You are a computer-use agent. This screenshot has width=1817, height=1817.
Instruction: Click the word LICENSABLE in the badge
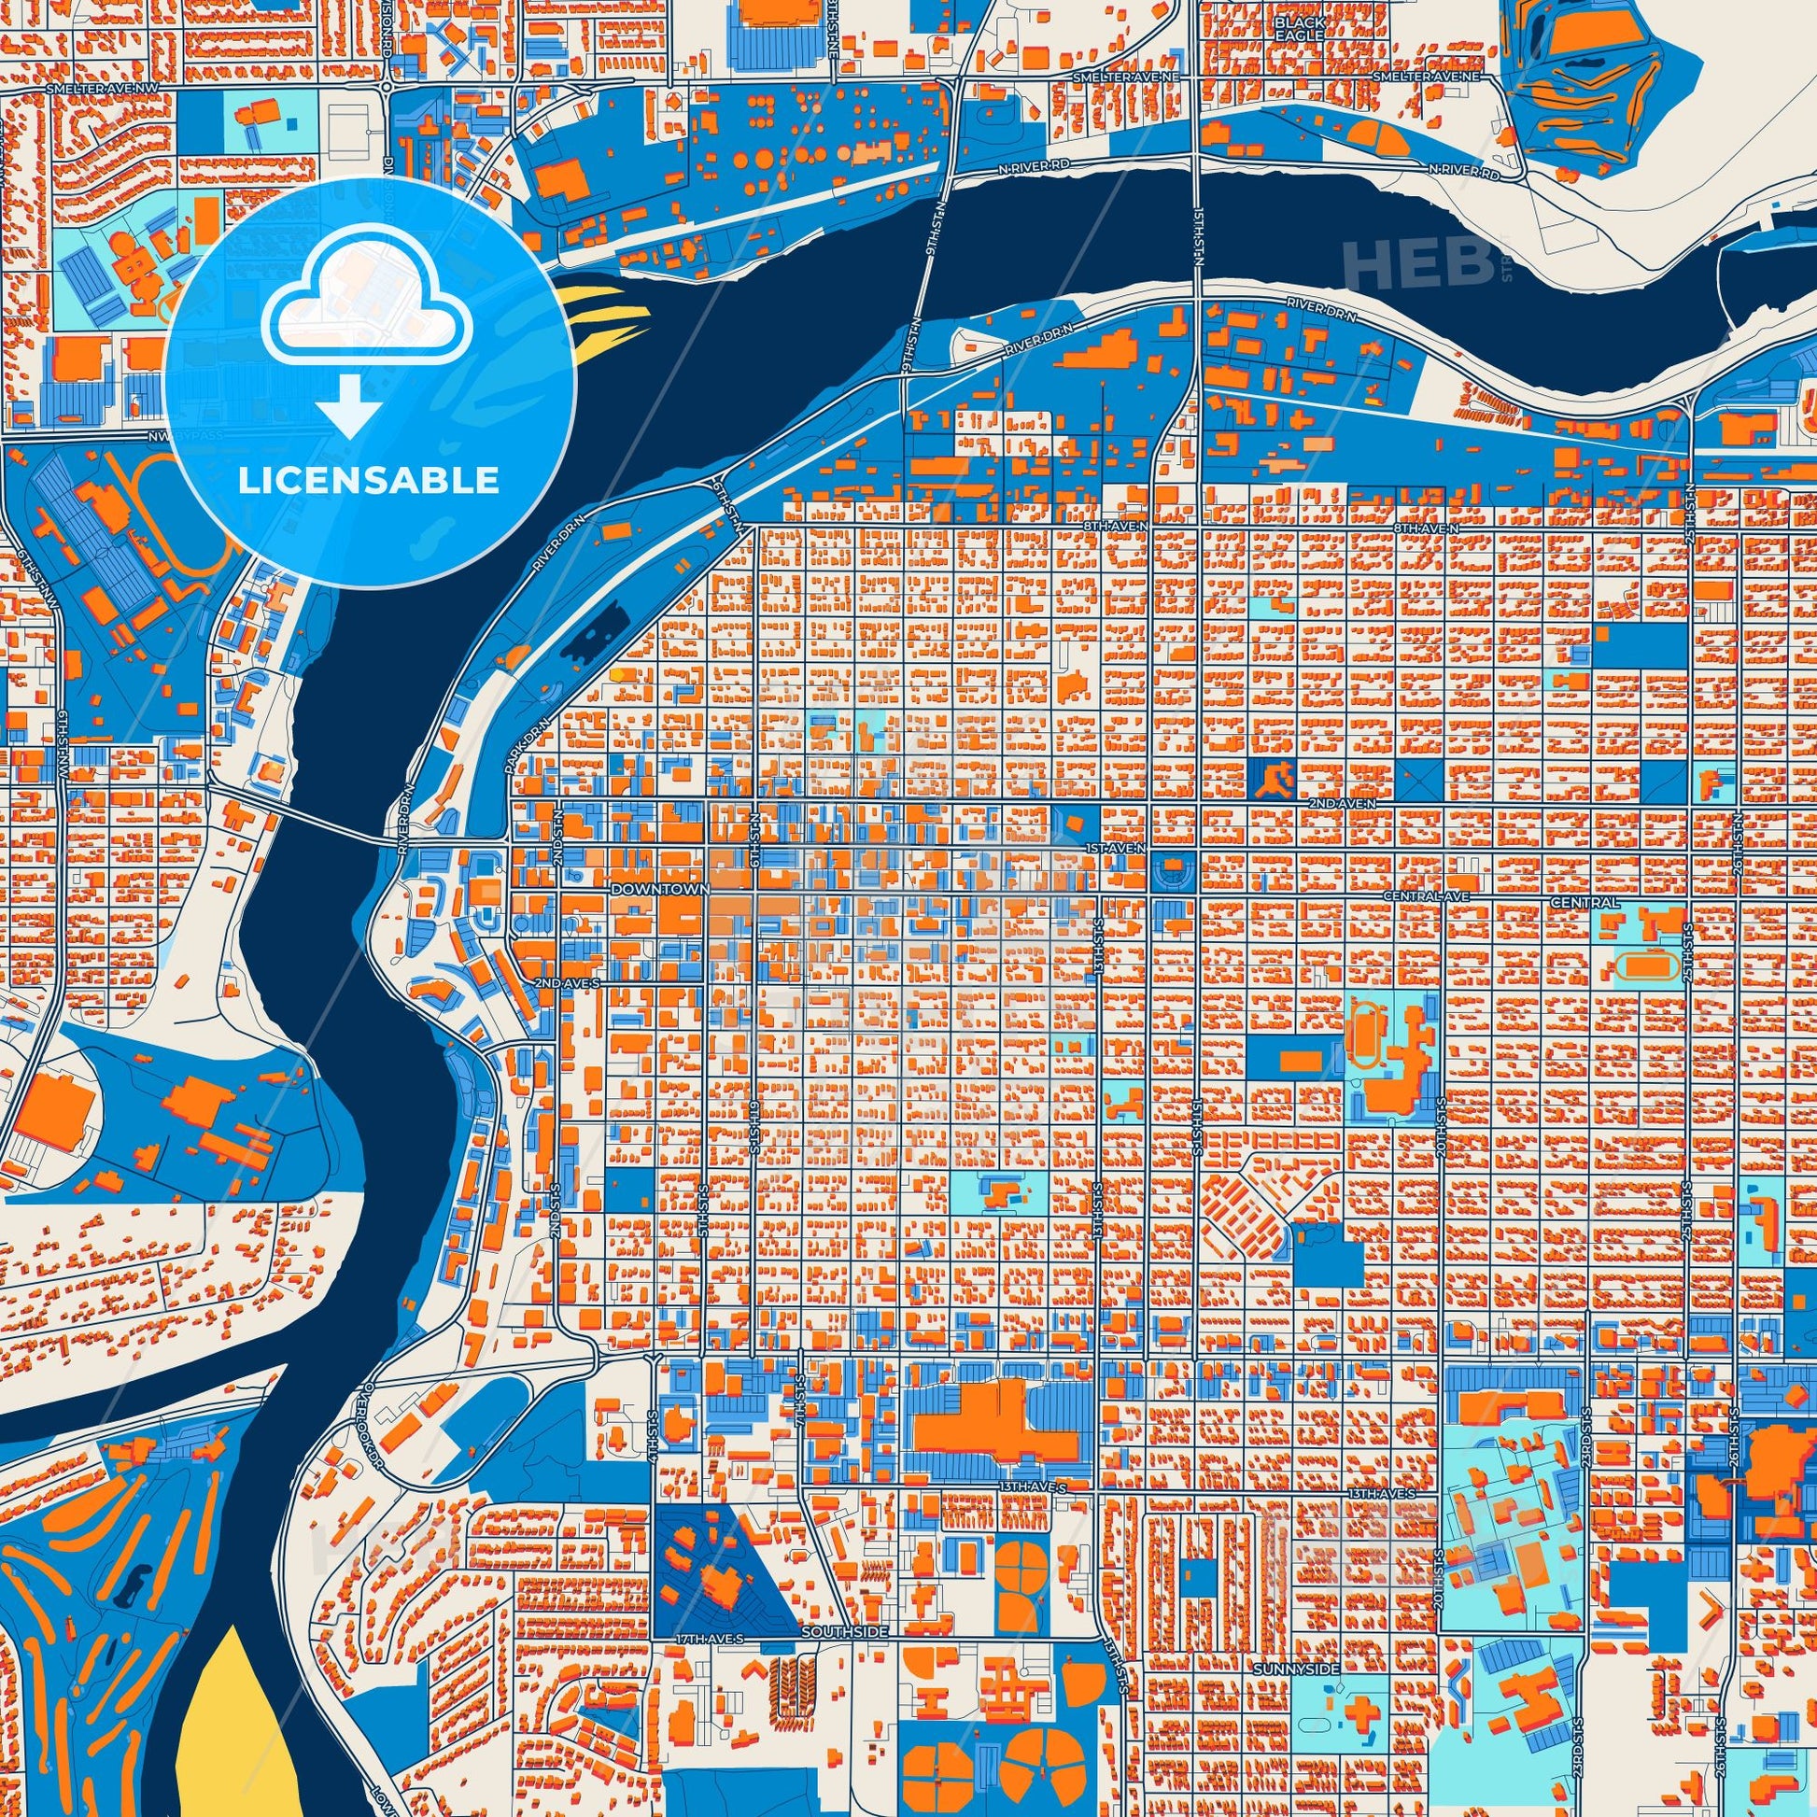click(x=368, y=481)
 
